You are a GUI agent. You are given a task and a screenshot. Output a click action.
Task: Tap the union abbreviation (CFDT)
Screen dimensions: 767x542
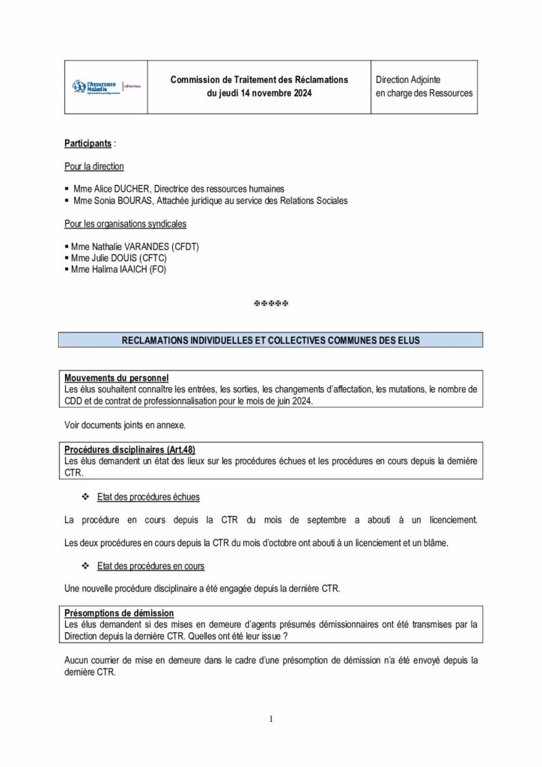pyautogui.click(x=186, y=246)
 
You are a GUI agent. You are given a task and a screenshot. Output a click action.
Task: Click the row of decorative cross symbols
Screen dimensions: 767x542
pyautogui.click(x=271, y=303)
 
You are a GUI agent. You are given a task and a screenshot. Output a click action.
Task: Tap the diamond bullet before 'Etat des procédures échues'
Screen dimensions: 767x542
pyautogui.click(x=85, y=497)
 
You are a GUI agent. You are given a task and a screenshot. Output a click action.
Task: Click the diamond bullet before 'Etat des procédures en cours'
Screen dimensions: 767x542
pyautogui.click(x=85, y=566)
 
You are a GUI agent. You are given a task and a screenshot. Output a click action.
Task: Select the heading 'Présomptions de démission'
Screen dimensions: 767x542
pyautogui.click(x=119, y=613)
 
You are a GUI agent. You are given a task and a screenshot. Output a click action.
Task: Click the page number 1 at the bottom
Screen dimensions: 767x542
pyautogui.click(x=271, y=720)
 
